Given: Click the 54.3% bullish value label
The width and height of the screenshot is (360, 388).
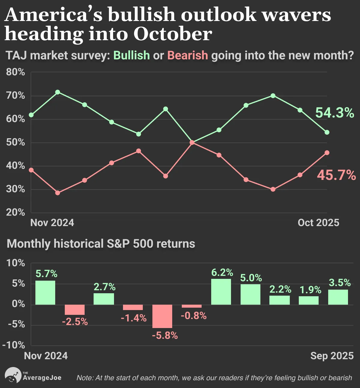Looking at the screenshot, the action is [334, 113].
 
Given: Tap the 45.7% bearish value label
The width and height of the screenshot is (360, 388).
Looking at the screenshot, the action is [336, 175].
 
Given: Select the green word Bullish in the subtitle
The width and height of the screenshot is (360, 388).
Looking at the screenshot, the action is [132, 55].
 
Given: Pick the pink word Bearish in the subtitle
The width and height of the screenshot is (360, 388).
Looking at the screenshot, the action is [187, 55].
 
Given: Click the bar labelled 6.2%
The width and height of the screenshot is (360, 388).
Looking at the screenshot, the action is [221, 291].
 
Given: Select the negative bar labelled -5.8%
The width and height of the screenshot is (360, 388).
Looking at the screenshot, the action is [162, 316].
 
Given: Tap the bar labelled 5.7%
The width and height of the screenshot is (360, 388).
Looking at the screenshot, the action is [45, 292].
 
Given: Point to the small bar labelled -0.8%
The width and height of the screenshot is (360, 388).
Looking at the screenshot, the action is [192, 306].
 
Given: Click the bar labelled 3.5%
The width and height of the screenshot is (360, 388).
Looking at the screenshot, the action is [338, 297].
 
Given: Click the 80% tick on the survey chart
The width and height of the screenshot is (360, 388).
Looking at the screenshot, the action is [15, 72].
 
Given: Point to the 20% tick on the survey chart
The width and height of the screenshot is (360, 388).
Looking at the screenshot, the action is [15, 212].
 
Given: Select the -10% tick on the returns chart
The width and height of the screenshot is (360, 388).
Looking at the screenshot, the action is [14, 345].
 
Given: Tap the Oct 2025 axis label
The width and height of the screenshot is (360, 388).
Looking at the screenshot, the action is [318, 223].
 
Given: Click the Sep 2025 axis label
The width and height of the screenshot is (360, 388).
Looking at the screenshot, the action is [332, 356].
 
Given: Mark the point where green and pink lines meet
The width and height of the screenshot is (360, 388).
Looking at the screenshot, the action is [192, 142].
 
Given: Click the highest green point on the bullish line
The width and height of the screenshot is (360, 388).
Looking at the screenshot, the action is [58, 92].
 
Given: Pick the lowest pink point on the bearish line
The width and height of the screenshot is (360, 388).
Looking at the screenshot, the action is [58, 193].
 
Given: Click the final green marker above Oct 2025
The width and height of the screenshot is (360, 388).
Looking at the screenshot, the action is [327, 132].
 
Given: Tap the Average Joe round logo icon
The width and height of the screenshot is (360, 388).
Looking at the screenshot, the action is [13, 375].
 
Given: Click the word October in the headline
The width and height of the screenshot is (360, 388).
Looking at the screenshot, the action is [173, 34].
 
